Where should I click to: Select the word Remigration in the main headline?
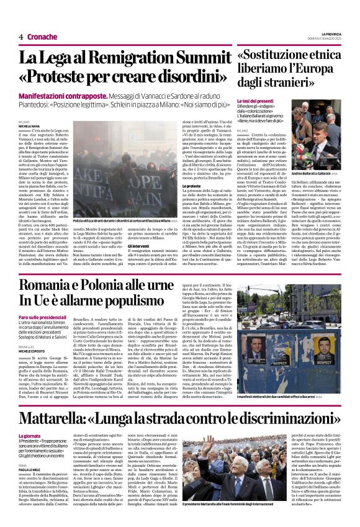[140, 58]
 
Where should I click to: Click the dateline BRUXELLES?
[26, 345]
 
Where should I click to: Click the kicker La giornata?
[31, 435]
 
